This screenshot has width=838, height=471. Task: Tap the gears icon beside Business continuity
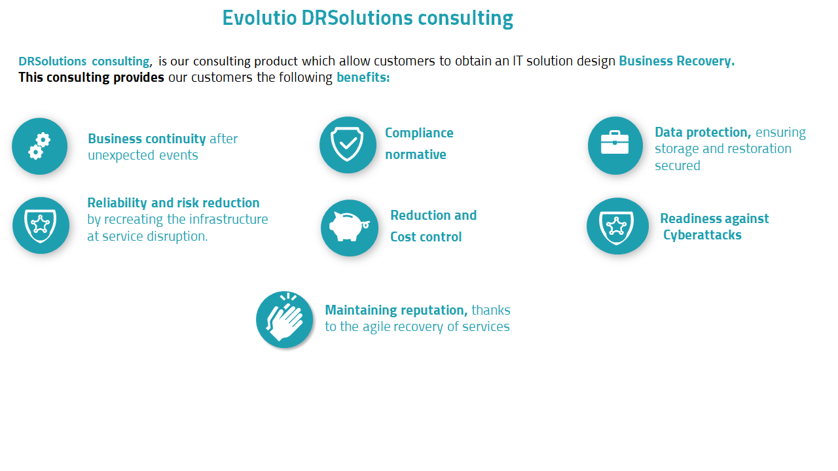39,146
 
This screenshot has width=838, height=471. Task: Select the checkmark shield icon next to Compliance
348,145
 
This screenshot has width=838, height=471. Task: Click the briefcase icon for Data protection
615,145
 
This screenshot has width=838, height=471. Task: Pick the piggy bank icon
349,228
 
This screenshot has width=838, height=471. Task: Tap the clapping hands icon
285,319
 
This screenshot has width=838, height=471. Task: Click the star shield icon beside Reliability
41,225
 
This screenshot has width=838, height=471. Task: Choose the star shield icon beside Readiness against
616,226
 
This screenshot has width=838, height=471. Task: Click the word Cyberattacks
702,235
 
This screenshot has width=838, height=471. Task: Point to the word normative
416,155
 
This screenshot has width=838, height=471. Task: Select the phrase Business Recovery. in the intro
677,61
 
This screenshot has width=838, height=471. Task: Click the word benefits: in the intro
363,78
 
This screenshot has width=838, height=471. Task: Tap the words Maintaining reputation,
396,310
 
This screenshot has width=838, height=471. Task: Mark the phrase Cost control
426,237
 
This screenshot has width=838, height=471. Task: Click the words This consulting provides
91,78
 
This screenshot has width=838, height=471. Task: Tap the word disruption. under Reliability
179,237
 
